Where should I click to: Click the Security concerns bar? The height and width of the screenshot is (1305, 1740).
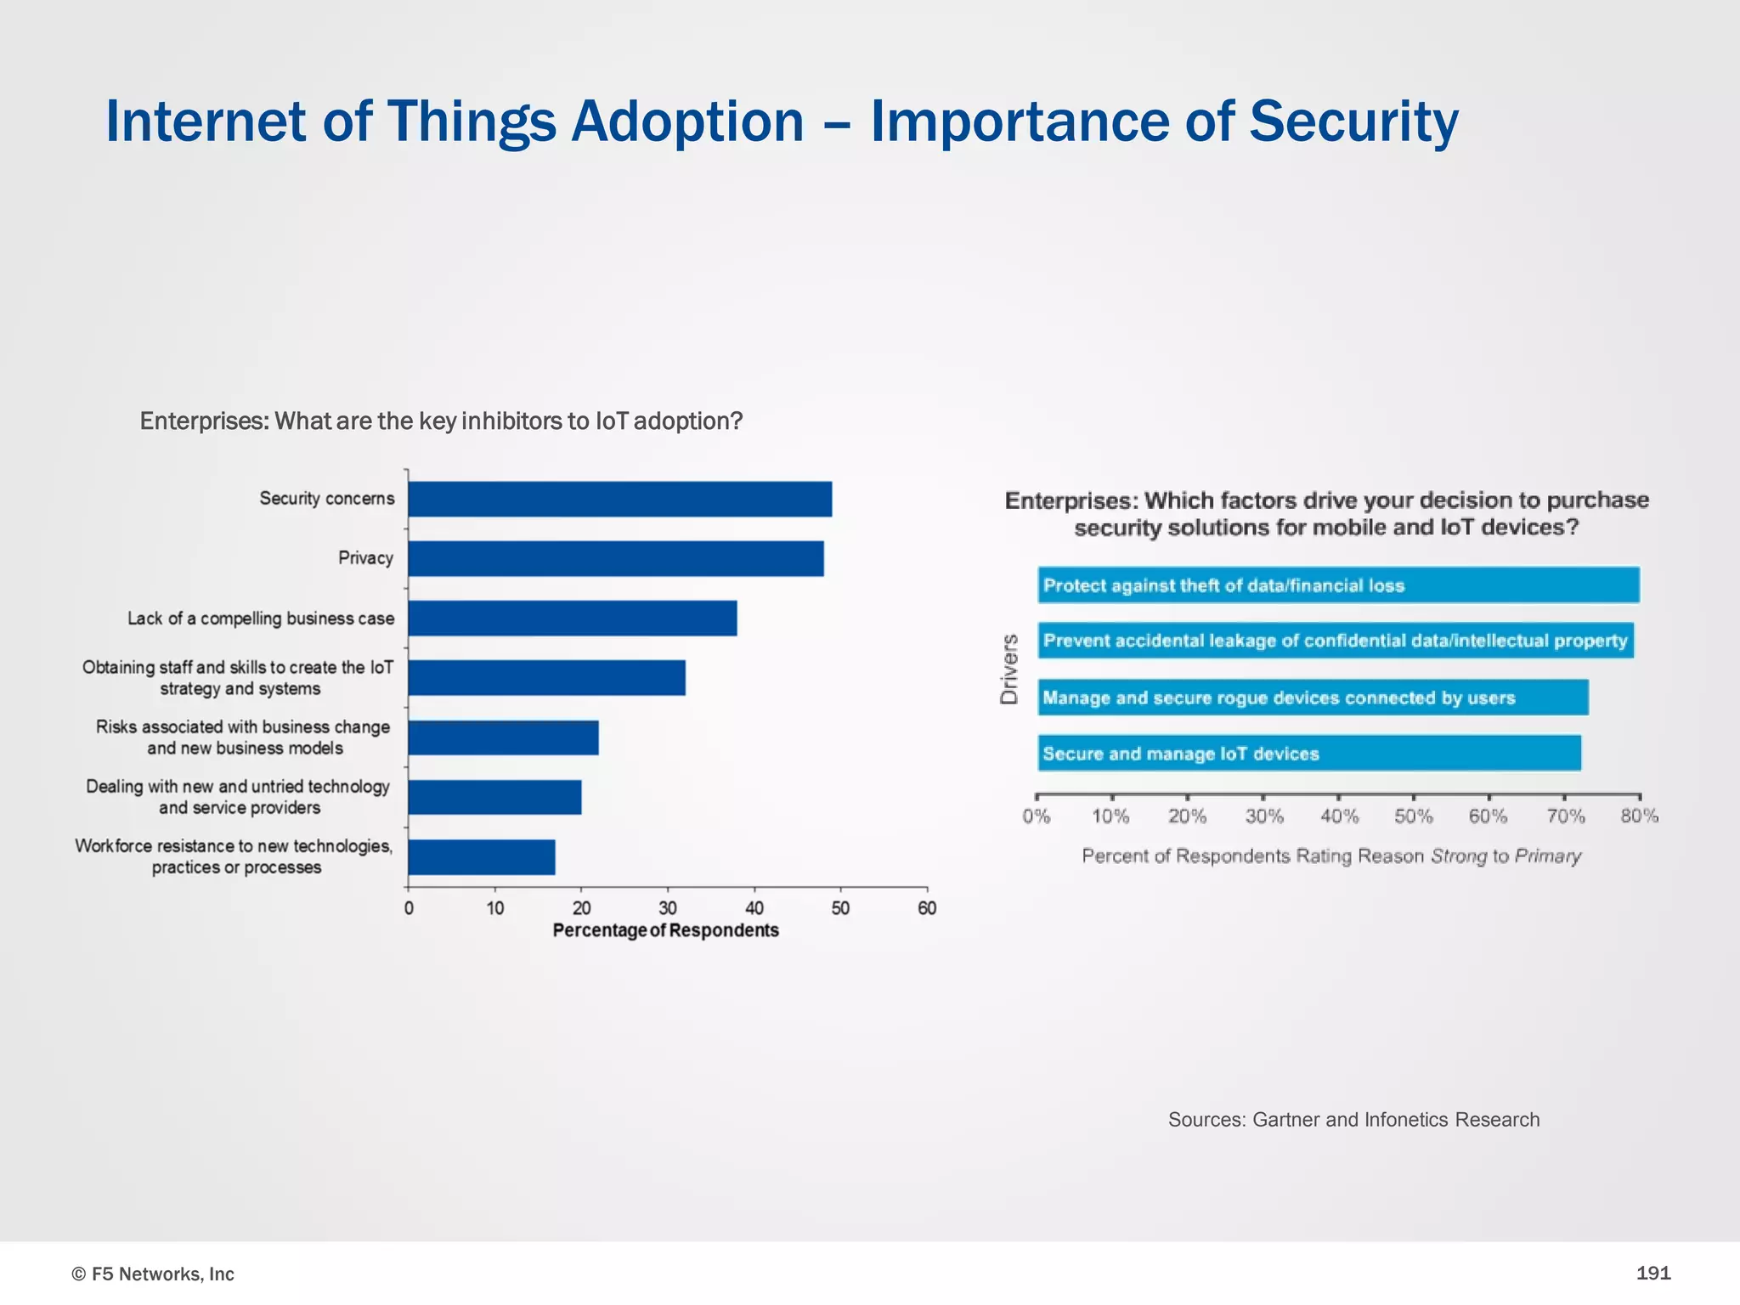click(x=619, y=499)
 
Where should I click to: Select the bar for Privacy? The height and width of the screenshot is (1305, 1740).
click(x=615, y=558)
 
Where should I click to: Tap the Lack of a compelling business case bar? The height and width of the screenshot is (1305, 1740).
click(x=572, y=618)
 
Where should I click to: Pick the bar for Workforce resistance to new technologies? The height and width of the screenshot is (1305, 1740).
click(x=481, y=856)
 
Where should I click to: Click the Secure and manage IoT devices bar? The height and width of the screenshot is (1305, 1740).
click(x=1308, y=754)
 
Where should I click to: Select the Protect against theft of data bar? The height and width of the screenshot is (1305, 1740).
click(x=1338, y=585)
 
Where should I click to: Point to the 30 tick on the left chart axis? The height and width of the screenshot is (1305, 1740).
click(x=668, y=908)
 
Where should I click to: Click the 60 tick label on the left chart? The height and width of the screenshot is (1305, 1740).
click(x=927, y=908)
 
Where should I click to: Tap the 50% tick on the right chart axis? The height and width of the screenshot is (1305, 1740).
click(x=1414, y=816)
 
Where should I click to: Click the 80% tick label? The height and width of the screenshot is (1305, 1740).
click(x=1639, y=816)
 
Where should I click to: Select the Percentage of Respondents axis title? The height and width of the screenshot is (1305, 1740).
click(x=665, y=930)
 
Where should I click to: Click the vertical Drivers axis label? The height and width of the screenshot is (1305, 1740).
click(x=1009, y=669)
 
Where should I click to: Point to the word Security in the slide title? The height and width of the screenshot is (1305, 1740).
click(x=1353, y=121)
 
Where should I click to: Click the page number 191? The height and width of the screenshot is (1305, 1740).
click(x=1652, y=1273)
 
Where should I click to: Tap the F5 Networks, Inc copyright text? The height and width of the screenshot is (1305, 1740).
click(x=153, y=1274)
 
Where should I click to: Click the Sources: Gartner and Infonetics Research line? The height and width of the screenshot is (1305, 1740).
click(x=1353, y=1120)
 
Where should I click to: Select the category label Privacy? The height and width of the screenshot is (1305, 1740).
click(x=365, y=558)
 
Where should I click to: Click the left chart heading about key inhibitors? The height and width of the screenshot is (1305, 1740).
click(x=441, y=421)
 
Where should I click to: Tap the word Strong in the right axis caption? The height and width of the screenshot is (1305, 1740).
click(x=1460, y=856)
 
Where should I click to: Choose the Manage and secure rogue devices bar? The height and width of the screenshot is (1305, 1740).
click(x=1313, y=698)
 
